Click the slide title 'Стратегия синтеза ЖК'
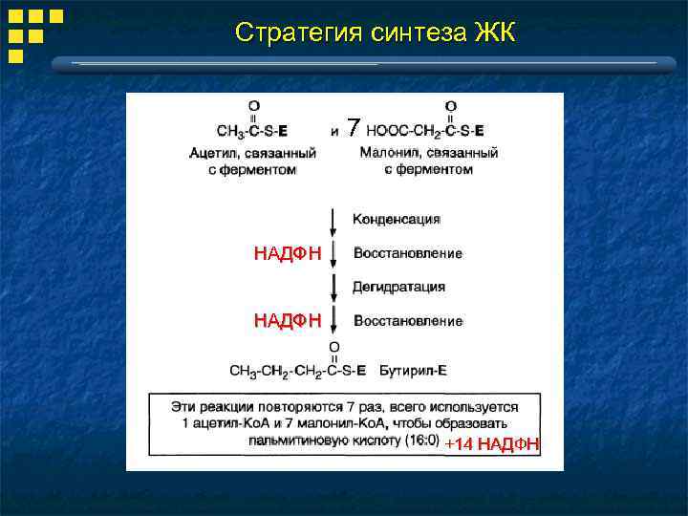(x=375, y=32)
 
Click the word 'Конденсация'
(x=397, y=219)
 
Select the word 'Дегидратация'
(x=398, y=287)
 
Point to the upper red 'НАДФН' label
(x=288, y=253)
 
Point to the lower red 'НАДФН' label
(x=288, y=321)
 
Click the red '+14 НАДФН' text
(x=492, y=444)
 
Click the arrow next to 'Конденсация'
(x=333, y=221)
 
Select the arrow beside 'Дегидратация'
(x=333, y=287)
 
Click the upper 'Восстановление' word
(x=408, y=253)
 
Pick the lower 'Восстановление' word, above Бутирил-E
(x=408, y=321)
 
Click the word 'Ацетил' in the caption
(x=211, y=152)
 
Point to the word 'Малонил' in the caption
(x=387, y=152)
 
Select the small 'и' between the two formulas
(x=333, y=131)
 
